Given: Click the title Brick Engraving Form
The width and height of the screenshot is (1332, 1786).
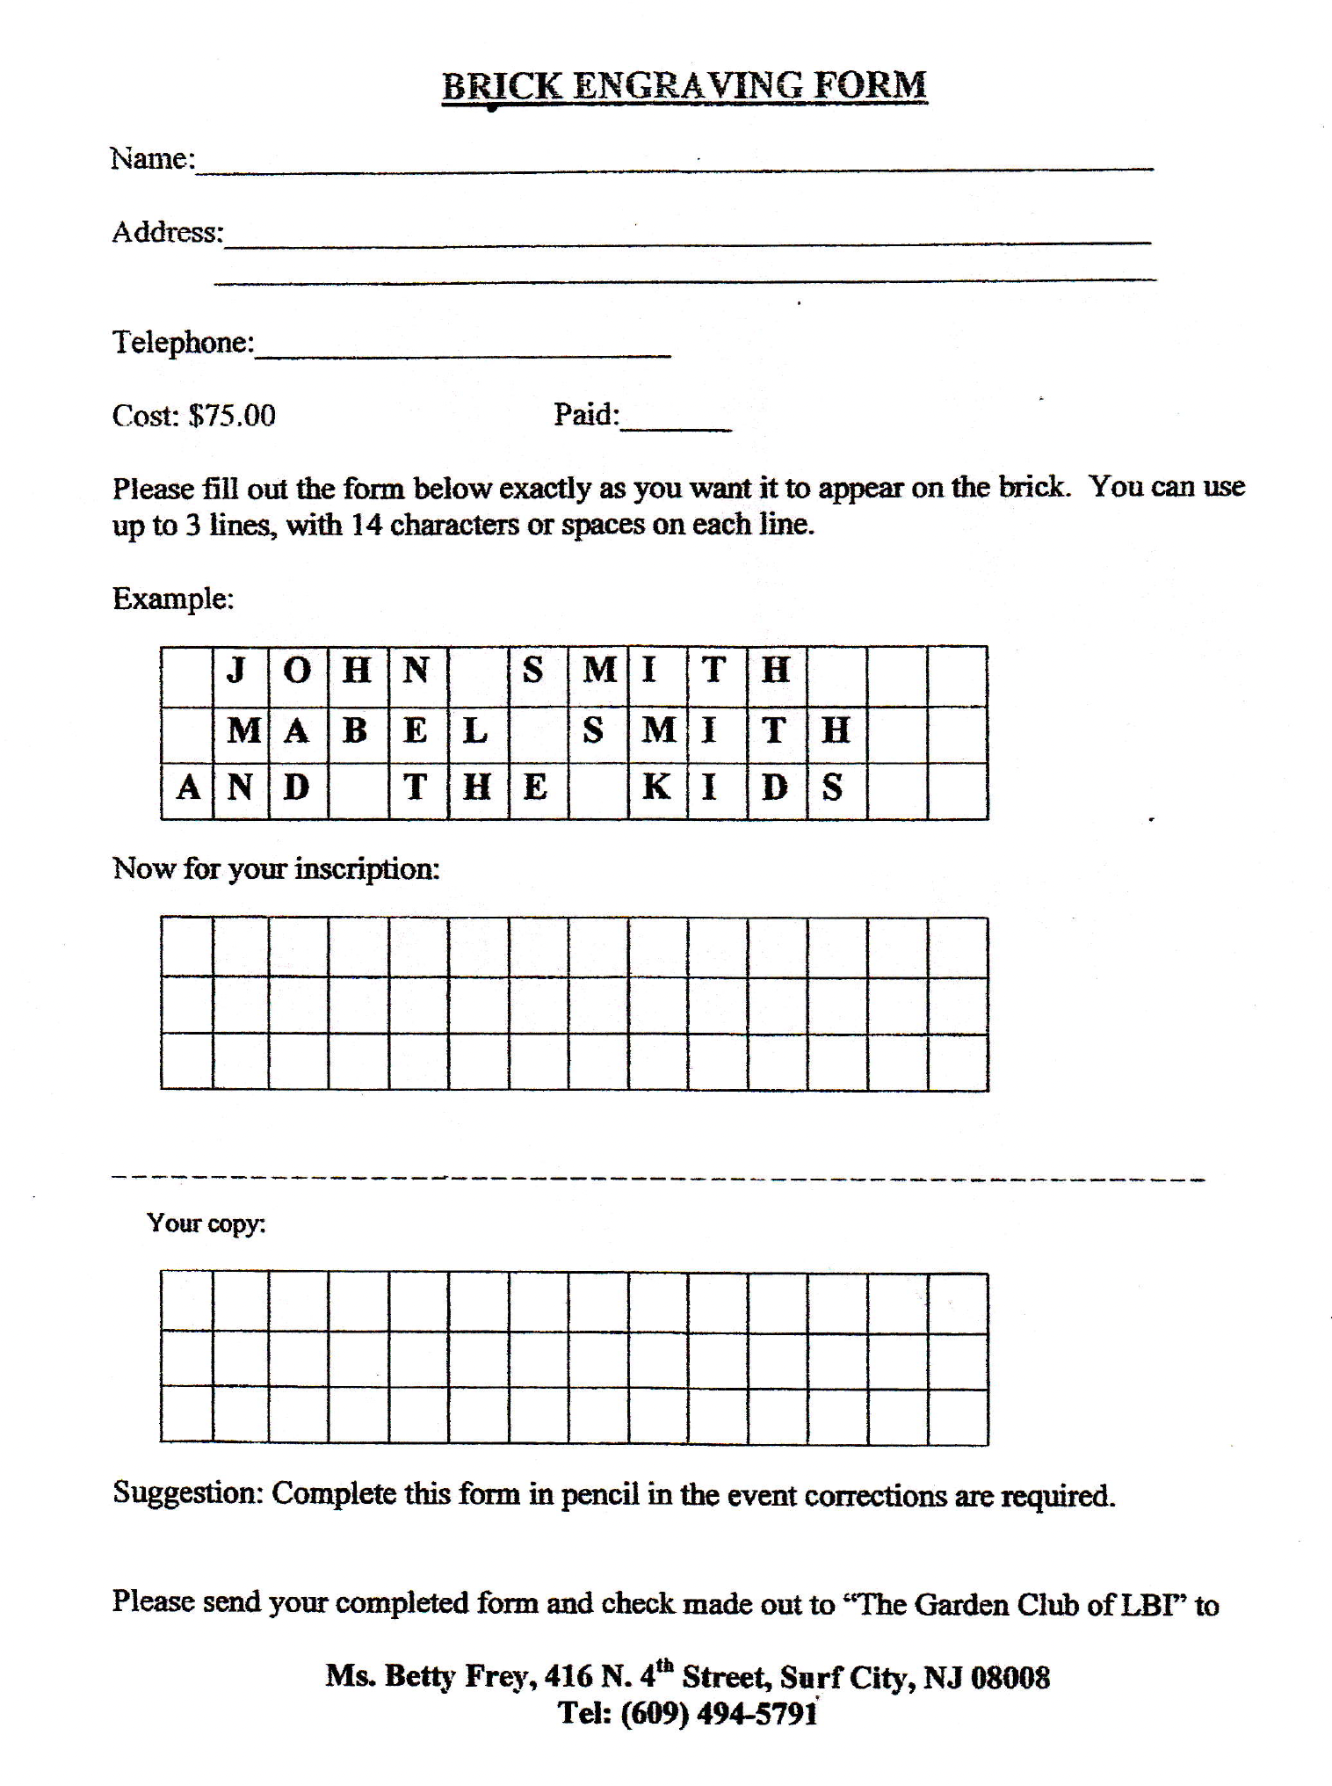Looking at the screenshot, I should tap(684, 86).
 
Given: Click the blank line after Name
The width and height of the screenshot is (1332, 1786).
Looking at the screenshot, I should tap(674, 163).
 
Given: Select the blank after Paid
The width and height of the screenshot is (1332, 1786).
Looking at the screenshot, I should tap(676, 423).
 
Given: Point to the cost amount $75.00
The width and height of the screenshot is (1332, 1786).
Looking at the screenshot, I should tap(232, 416).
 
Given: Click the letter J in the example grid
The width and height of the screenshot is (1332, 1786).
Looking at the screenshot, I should tap(236, 672).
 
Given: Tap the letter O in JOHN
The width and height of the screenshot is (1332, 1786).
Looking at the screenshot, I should tap(298, 672).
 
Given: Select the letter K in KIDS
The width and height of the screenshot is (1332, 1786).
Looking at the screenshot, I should tap(655, 788).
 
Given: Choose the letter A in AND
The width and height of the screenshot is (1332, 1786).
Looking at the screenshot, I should tap(188, 788).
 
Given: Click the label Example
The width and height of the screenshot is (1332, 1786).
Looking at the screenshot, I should tap(173, 599).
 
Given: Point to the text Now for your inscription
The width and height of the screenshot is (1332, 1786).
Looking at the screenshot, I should tap(276, 869).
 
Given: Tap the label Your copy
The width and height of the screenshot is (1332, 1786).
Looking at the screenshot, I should tap(206, 1223).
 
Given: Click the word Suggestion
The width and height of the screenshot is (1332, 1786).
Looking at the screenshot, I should tap(187, 1492).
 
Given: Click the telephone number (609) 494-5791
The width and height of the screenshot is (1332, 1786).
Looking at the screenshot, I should tap(719, 1713).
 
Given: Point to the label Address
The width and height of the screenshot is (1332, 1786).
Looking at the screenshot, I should tap(167, 233).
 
